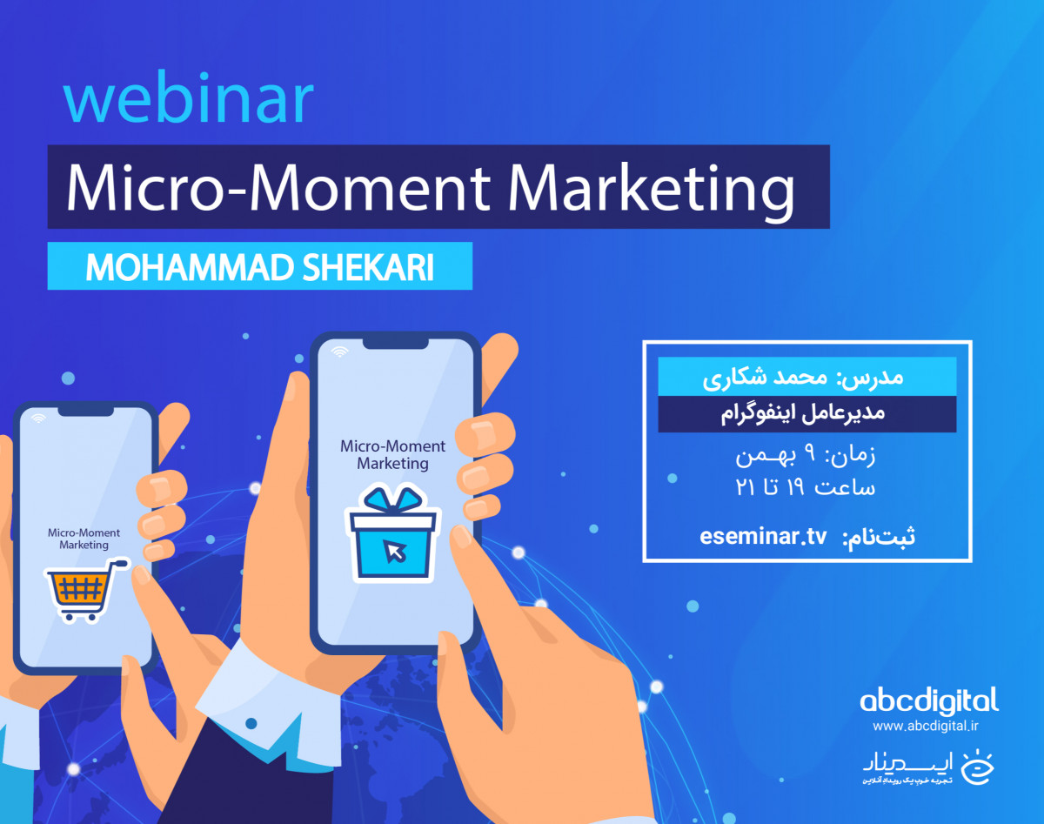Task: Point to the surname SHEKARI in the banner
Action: pyautogui.click(x=372, y=267)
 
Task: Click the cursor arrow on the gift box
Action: pyautogui.click(x=397, y=551)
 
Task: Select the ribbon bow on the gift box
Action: pyautogui.click(x=392, y=502)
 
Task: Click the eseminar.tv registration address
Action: pyautogui.click(x=763, y=536)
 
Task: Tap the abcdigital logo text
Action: pyautogui.click(x=928, y=700)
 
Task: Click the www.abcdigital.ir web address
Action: pyautogui.click(x=929, y=725)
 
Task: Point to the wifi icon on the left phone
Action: pyautogui.click(x=38, y=419)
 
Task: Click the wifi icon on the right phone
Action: pyautogui.click(x=339, y=352)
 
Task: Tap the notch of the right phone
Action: pyautogui.click(x=394, y=344)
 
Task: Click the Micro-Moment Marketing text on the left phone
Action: pyautogui.click(x=84, y=539)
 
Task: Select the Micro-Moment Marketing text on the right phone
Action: pyautogui.click(x=392, y=454)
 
